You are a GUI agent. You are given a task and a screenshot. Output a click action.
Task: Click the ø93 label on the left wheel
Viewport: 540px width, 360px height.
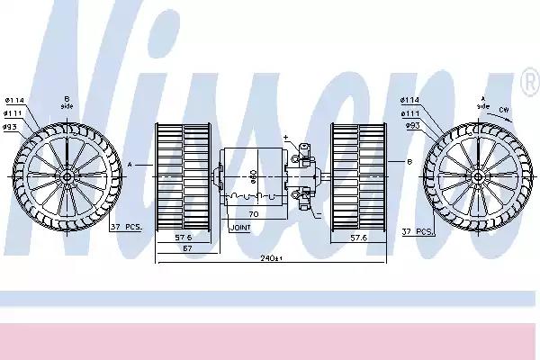pos(12,126)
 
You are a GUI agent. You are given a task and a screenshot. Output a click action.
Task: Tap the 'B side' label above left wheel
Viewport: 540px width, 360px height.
pos(67,101)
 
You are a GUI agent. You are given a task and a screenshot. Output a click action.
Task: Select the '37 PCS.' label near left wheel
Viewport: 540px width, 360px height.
pos(126,229)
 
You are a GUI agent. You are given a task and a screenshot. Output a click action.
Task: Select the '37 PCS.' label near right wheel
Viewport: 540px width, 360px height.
pos(418,231)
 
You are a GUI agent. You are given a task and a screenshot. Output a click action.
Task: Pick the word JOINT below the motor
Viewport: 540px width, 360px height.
pos(241,229)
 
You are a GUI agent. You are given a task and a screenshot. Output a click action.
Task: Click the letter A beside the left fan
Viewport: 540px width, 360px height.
pos(131,165)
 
